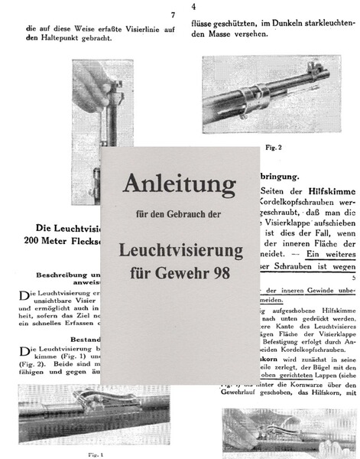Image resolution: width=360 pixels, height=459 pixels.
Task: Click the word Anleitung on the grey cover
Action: coord(179,184)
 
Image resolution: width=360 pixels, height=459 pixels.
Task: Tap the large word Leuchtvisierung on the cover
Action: coord(180,250)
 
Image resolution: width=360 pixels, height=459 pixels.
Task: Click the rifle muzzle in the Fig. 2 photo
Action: coord(329,74)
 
